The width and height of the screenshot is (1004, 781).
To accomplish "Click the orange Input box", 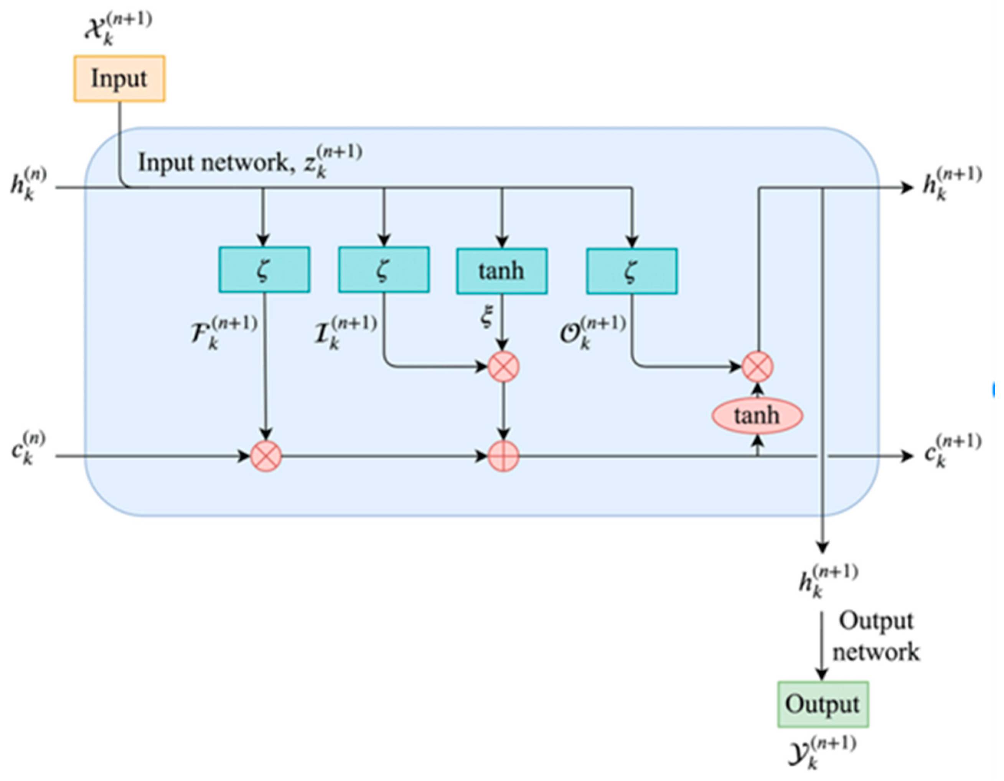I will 120,79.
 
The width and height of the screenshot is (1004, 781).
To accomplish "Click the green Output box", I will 823,704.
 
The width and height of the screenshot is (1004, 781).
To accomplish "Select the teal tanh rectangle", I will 501,271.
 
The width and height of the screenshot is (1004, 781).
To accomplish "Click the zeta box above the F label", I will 264,269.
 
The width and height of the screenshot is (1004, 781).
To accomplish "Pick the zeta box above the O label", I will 631,271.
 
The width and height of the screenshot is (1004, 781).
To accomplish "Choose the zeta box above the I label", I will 384,269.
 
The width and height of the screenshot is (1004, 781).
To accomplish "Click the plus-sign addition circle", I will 503,456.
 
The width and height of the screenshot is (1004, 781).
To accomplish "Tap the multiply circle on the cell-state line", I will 266,456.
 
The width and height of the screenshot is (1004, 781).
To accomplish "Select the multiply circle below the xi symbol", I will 503,367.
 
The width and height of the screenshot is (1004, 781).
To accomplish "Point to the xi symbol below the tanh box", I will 486,317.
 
